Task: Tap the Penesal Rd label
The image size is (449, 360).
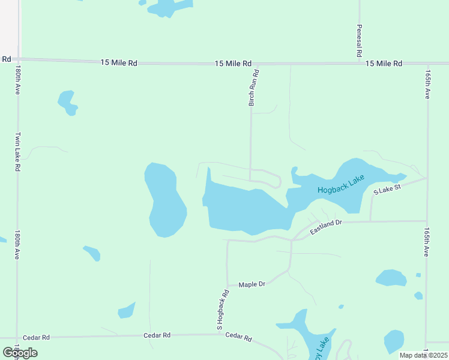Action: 359,41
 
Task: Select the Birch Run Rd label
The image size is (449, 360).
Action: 255,88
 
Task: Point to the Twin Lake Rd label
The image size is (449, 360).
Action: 18,152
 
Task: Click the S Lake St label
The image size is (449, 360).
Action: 386,188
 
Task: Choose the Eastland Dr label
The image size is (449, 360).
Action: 326,227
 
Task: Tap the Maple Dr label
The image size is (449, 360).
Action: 252,284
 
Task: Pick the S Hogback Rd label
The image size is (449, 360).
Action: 223,310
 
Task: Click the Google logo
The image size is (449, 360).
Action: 20,353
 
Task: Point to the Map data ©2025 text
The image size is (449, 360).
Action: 423,355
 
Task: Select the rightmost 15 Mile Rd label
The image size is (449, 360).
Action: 384,64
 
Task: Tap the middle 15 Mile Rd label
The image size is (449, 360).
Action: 234,63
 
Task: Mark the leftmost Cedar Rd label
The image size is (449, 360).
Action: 37,338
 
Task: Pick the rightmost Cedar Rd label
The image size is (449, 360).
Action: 238,337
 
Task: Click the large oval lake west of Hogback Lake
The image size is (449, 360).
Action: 164,200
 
